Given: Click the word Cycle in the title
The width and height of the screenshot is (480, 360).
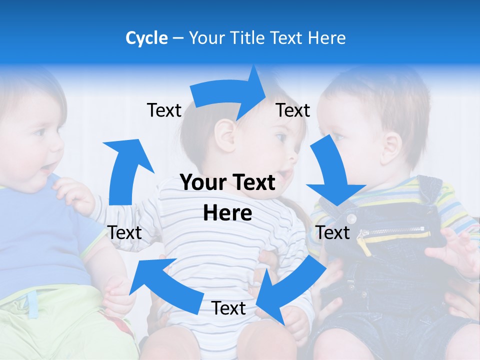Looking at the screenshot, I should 146,38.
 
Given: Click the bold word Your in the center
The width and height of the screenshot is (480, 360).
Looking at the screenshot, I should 202,183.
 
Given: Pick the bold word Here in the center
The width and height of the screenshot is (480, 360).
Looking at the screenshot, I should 227,213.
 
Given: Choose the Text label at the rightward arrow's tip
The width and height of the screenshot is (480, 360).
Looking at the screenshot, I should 293,110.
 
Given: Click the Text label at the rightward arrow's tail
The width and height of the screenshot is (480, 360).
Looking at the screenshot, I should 164,110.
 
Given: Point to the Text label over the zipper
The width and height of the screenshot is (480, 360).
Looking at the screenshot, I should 333,232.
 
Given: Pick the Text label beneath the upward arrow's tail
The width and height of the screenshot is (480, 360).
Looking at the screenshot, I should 125,232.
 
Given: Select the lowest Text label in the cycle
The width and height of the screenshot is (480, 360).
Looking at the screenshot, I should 228,308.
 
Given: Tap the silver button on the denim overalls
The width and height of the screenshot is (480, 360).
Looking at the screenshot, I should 351,218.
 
